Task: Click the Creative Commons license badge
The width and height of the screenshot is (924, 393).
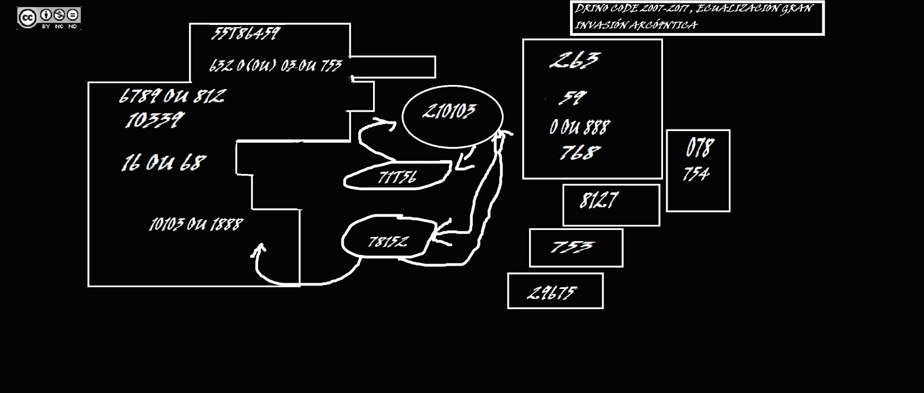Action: click(x=49, y=18)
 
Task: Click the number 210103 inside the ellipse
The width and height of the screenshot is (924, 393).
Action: click(x=449, y=111)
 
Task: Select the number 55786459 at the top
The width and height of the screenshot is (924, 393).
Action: click(x=245, y=34)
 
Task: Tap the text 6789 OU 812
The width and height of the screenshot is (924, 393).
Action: click(x=172, y=96)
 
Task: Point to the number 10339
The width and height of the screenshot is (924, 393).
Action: click(x=154, y=120)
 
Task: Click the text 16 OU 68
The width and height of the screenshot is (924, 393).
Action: click(x=163, y=163)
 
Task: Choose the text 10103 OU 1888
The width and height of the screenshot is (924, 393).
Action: click(x=196, y=224)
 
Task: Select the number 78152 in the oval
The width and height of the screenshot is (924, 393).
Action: click(x=388, y=241)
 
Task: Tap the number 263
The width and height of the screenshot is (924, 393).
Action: click(x=575, y=60)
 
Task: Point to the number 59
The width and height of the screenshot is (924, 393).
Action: click(x=572, y=98)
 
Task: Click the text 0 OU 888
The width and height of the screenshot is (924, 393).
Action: click(x=579, y=127)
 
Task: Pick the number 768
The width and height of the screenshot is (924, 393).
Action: click(x=580, y=153)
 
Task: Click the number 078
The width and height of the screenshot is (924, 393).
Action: click(x=699, y=148)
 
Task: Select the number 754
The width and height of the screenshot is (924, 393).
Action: click(x=696, y=174)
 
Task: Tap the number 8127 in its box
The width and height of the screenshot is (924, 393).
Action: click(x=599, y=201)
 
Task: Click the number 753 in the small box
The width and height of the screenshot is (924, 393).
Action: click(x=571, y=247)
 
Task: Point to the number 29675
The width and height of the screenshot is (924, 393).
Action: click(x=552, y=292)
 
